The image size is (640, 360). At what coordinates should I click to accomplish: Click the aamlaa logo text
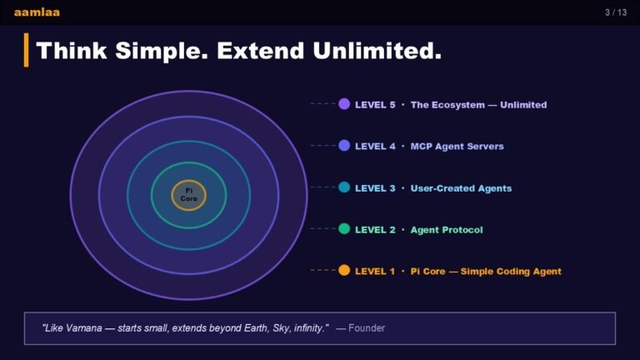(37, 12)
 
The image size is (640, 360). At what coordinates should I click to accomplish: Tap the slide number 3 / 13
(616, 12)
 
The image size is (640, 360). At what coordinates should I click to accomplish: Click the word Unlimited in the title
(377, 51)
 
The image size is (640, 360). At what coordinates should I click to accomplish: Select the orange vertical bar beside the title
(27, 50)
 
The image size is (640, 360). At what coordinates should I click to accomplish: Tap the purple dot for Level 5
(344, 104)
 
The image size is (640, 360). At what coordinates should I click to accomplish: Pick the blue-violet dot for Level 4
(344, 146)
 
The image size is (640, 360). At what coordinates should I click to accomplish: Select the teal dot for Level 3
(344, 187)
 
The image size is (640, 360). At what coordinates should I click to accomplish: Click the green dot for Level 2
(344, 229)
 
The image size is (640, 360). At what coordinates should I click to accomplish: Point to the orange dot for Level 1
(344, 271)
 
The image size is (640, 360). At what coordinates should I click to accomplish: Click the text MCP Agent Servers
(457, 147)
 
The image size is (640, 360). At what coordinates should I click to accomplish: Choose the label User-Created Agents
(461, 188)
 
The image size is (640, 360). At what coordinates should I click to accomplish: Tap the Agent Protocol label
(447, 230)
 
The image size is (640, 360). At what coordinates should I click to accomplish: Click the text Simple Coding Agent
(511, 272)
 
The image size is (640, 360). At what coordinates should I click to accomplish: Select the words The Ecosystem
(447, 105)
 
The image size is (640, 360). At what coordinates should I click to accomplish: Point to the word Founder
(367, 328)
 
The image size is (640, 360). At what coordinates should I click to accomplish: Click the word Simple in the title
(162, 52)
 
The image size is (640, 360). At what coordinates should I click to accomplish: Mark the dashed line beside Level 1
(322, 270)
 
